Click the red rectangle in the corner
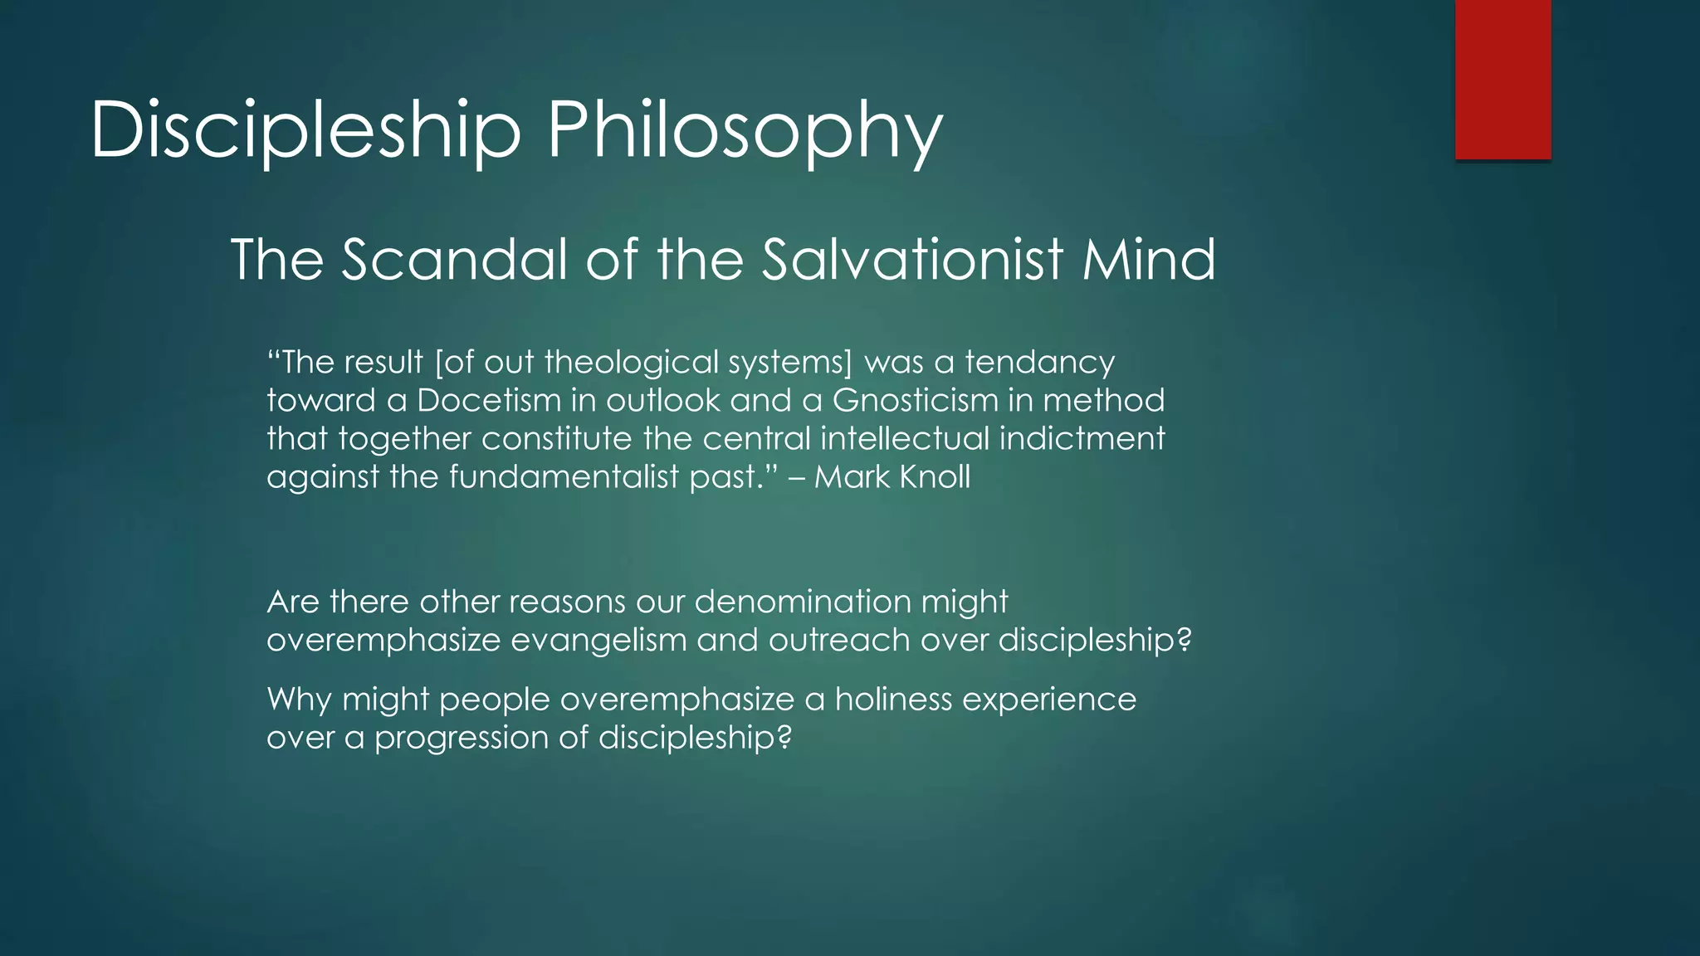click(x=1502, y=79)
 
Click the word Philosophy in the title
click(x=745, y=131)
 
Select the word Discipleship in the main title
click(x=305, y=131)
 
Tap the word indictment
click(x=1082, y=438)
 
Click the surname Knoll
click(x=935, y=477)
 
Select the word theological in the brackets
click(x=632, y=363)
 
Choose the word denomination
click(x=803, y=602)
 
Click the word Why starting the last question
click(x=300, y=700)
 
